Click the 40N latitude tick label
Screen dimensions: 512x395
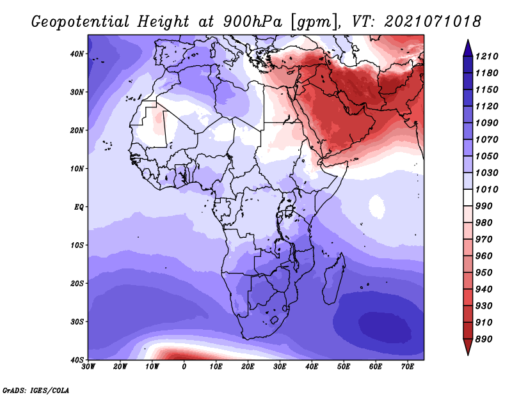point(77,54)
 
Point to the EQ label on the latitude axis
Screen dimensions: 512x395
point(79,207)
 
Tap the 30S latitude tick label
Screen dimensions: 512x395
point(77,322)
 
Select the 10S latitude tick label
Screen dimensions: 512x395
point(77,245)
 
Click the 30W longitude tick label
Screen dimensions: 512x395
point(88,367)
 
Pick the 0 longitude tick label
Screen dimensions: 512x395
point(184,367)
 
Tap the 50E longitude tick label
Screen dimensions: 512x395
point(344,367)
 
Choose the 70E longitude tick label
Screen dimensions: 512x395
point(408,367)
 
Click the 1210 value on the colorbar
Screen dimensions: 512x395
point(486,56)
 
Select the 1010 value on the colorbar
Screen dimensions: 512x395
point(486,189)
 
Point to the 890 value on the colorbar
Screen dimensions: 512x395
point(483,339)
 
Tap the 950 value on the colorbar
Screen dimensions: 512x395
point(483,273)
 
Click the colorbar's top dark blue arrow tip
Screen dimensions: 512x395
point(468,40)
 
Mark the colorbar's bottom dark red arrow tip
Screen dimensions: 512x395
point(468,355)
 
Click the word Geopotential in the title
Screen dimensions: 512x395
point(81,22)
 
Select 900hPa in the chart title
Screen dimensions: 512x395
point(253,22)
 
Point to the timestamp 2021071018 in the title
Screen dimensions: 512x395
point(433,22)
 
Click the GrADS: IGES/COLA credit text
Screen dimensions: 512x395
point(36,391)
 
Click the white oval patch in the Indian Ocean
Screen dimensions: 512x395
point(377,207)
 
